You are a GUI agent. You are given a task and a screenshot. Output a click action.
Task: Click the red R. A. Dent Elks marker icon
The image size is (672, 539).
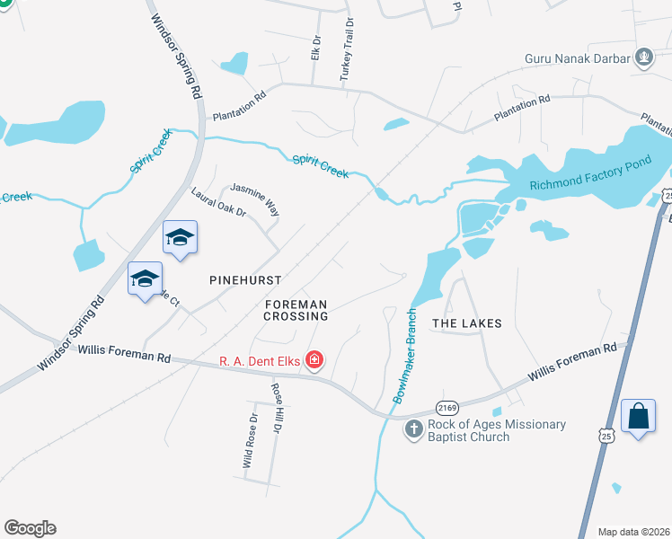point(314,361)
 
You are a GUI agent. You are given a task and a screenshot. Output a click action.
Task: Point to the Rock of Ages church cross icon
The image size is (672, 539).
point(413,429)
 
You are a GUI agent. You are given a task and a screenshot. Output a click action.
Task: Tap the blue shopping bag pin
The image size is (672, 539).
point(638,416)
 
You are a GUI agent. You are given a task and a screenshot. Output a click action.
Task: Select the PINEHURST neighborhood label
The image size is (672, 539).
point(245,280)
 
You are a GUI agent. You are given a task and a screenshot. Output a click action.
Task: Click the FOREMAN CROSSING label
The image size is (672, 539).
point(296,311)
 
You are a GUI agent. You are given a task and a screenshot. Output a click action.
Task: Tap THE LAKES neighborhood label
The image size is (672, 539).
point(466,323)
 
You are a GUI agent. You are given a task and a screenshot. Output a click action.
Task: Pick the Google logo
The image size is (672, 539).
point(30,528)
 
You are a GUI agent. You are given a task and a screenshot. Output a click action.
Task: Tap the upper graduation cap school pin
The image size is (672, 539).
point(180,238)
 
